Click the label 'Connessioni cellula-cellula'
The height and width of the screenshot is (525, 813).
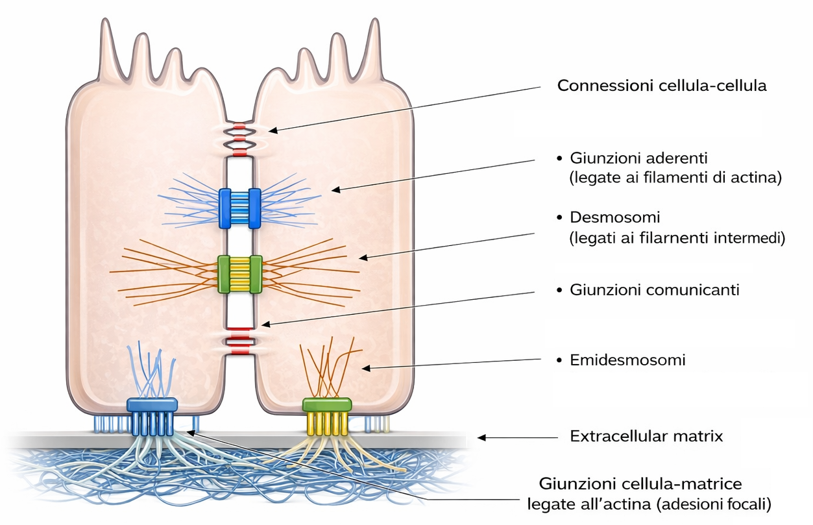(x=662, y=86)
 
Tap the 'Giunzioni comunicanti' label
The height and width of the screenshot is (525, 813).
(x=654, y=290)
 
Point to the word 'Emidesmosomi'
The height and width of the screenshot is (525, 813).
(x=627, y=360)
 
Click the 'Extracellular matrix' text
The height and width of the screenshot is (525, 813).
(x=646, y=436)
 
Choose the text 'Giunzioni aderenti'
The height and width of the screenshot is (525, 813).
(x=638, y=158)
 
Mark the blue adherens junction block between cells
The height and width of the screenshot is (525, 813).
(x=239, y=208)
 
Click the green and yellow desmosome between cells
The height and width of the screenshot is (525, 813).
(x=239, y=274)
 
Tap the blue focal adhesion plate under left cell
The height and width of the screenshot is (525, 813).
(x=152, y=404)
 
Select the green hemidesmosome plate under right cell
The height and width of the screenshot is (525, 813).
(x=327, y=405)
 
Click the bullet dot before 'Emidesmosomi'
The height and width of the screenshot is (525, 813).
(x=560, y=360)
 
